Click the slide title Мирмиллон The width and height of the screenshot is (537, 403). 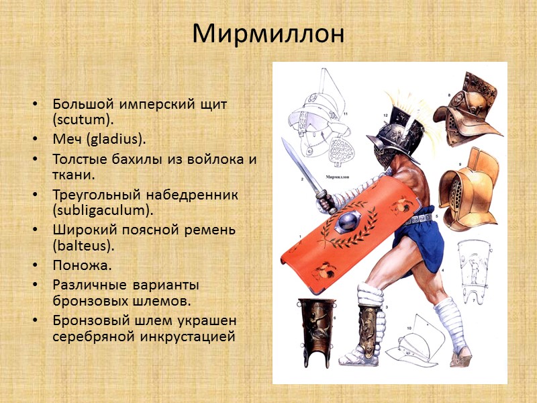[268, 34]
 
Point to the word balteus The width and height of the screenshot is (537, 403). [77, 247]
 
